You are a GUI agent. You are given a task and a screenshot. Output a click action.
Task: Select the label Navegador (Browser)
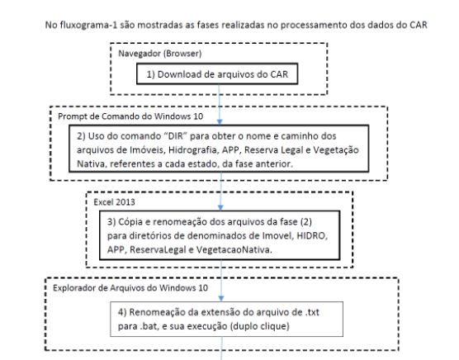[160, 54]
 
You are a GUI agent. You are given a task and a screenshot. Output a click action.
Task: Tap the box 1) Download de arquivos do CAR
[217, 74]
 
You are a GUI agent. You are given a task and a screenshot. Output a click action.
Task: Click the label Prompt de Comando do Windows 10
[130, 116]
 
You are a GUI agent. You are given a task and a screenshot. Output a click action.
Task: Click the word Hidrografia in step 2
[192, 149]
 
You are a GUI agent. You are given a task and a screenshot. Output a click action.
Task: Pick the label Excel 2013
[114, 202]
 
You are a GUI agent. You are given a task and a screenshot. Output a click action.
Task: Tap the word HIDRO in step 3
[312, 235]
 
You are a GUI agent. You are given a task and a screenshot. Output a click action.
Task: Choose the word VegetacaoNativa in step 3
[234, 249]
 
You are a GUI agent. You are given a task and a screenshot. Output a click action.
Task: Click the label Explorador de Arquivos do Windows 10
[130, 288]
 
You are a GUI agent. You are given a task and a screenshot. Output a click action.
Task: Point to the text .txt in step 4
[312, 312]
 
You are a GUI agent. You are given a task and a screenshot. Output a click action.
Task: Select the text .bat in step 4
[149, 326]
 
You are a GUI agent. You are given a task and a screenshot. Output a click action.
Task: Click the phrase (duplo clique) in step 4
[260, 326]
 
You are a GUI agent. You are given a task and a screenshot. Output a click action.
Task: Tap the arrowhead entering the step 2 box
[220, 121]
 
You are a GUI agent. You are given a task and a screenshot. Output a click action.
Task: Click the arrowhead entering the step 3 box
[220, 207]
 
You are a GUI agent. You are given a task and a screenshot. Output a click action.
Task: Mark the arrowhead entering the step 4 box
[221, 298]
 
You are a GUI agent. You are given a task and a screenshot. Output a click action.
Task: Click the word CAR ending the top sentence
[419, 25]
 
